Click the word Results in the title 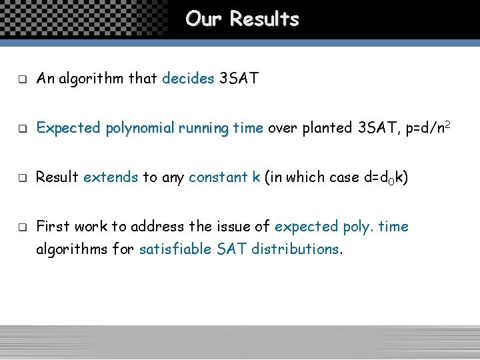265,19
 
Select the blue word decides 188,79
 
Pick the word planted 325,127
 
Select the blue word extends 111,177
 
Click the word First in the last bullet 53,226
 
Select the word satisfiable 175,249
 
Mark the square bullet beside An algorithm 21,80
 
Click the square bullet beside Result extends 21,177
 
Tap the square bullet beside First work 21,227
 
